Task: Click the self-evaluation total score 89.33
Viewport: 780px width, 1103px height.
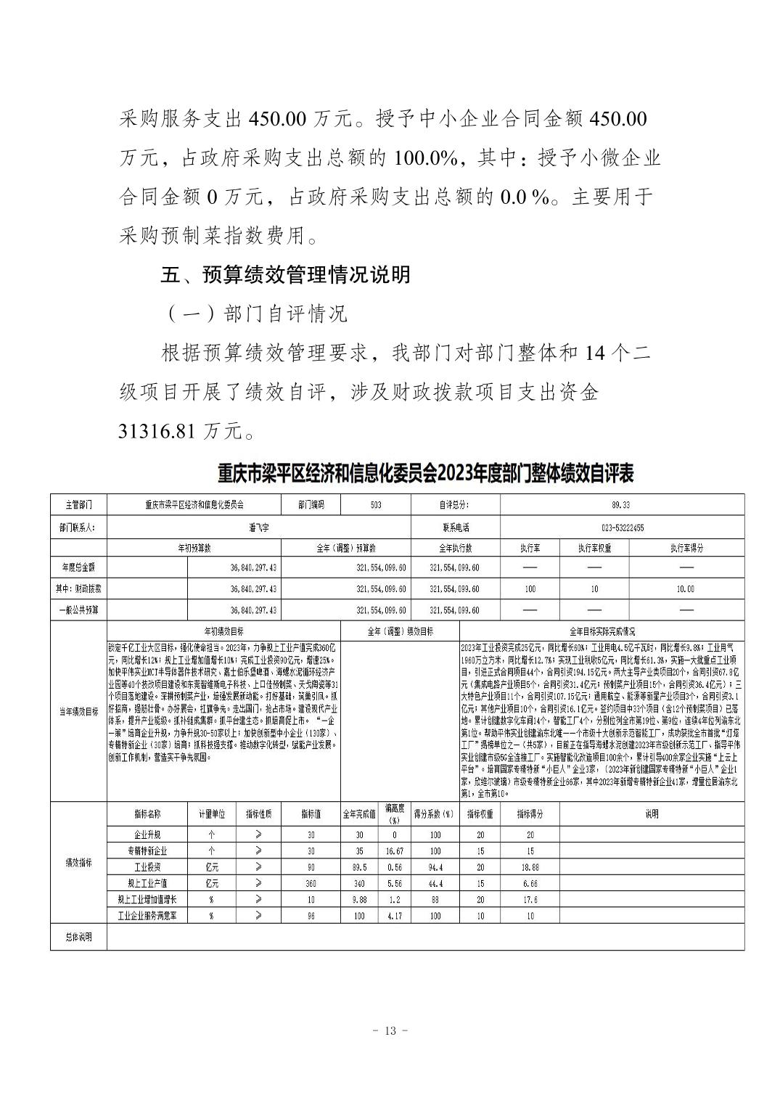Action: pos(622,504)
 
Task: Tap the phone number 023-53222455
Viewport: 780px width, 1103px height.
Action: pos(622,528)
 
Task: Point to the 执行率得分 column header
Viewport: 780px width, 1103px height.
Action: pos(686,549)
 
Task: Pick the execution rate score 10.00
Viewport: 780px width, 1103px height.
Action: pos(686,589)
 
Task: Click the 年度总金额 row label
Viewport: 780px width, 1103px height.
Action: pos(78,568)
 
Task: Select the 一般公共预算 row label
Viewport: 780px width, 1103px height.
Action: pos(78,610)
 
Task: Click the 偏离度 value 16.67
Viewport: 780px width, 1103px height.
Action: pos(395,850)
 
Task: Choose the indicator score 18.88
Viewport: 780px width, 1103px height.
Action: pos(530,867)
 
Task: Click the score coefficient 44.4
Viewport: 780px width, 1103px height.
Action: pos(435,883)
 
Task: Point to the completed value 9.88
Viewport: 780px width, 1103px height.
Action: pos(358,900)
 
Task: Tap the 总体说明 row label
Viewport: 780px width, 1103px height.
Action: pos(78,937)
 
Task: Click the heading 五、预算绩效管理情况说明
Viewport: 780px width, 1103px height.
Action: pos(286,274)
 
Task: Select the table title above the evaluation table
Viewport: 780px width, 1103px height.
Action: pos(425,474)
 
